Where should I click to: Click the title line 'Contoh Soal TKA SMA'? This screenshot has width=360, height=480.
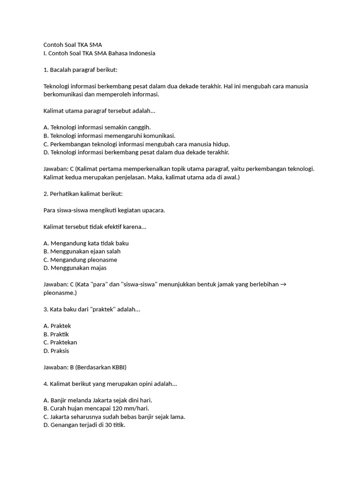(72, 45)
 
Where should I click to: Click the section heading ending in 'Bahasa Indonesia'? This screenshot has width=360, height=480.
(99, 53)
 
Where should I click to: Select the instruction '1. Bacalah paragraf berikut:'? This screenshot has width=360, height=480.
(80, 70)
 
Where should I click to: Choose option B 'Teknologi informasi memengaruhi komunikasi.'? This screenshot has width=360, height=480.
(109, 135)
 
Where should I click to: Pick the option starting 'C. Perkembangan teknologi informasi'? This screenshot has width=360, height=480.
(136, 144)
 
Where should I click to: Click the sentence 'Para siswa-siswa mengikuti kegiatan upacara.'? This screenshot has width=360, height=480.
(104, 210)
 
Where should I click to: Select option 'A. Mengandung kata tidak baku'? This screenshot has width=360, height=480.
(86, 243)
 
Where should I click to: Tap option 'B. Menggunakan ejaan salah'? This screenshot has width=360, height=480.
(82, 251)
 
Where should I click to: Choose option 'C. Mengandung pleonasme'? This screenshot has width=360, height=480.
(80, 260)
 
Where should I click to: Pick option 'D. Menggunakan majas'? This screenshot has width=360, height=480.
(75, 268)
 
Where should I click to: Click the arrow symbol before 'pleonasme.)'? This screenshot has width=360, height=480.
(283, 285)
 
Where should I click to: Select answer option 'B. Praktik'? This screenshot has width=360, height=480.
(56, 334)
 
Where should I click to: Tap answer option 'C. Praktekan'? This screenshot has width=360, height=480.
(60, 342)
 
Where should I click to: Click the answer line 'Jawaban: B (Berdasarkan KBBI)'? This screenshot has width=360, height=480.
(85, 367)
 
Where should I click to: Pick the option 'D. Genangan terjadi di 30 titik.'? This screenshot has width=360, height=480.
(84, 425)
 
